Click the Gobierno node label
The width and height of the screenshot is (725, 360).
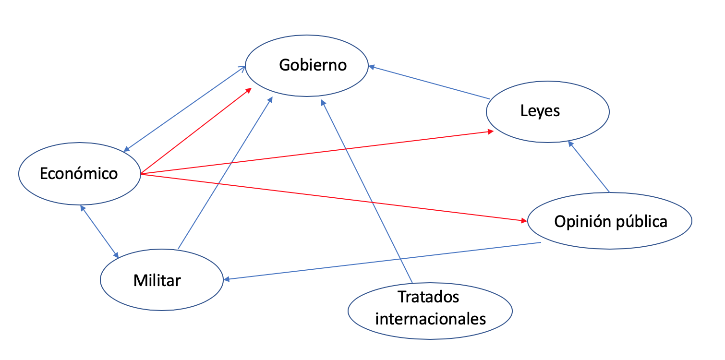point(313,65)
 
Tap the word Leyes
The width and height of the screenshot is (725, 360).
point(540,111)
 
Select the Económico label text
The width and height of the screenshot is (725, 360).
point(79,173)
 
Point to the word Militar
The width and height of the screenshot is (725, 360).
point(157,280)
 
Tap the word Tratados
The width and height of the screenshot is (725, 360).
point(428,297)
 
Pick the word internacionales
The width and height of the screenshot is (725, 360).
point(431,318)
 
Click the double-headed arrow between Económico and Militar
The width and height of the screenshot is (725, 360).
point(99,231)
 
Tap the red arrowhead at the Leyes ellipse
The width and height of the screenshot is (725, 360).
point(490,131)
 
